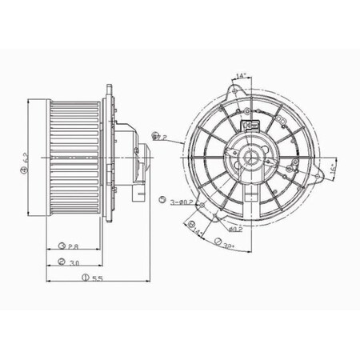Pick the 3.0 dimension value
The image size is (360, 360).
[x=73, y=263]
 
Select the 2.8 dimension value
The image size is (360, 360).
[x=72, y=246]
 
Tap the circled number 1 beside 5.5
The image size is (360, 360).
[x=84, y=278]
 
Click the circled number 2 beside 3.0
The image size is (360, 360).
[x=62, y=263]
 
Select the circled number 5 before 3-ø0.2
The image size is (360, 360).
[x=162, y=199]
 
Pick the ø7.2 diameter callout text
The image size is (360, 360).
[x=159, y=138]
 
